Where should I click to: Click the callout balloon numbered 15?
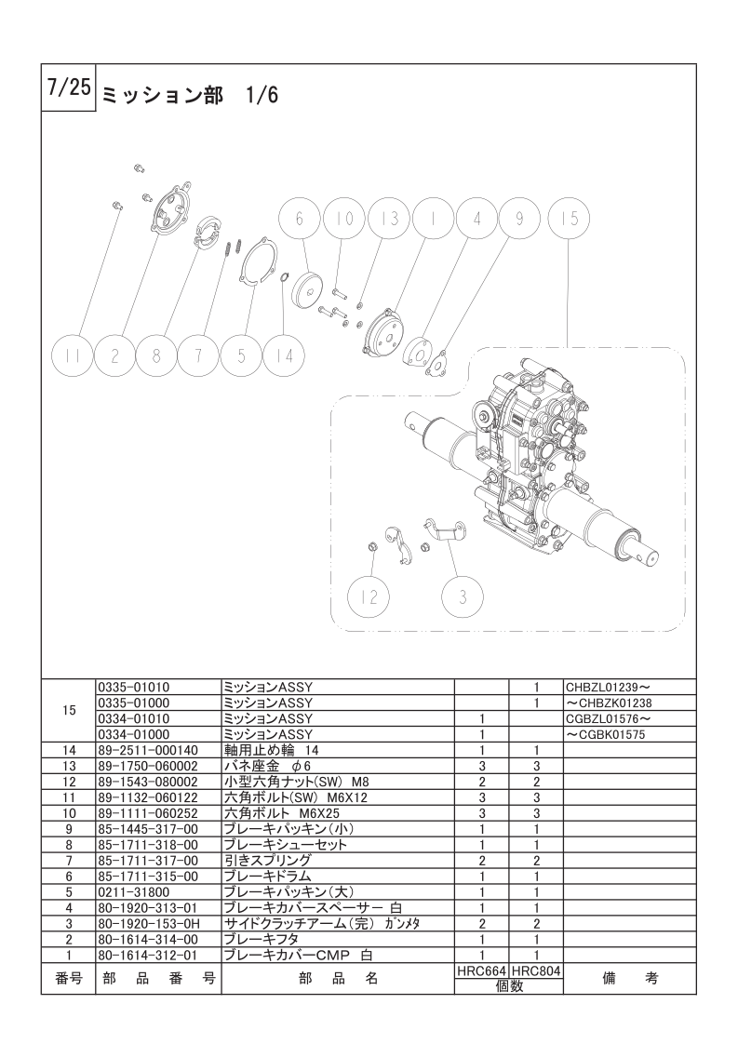coord(570,218)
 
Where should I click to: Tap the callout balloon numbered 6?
coord(300,218)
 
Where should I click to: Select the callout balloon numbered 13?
coord(390,218)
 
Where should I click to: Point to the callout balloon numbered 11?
coord(74,355)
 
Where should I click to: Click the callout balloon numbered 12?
coord(370,596)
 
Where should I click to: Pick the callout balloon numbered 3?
coord(463,596)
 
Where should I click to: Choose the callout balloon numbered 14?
coord(285,355)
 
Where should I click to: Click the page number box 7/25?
coord(68,89)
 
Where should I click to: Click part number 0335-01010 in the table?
coord(133,687)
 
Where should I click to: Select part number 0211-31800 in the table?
coord(127,891)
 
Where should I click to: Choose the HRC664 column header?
coord(481,970)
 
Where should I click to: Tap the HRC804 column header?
coord(536,970)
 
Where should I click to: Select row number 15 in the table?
coord(68,710)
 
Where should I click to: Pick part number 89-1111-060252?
coord(147,812)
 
